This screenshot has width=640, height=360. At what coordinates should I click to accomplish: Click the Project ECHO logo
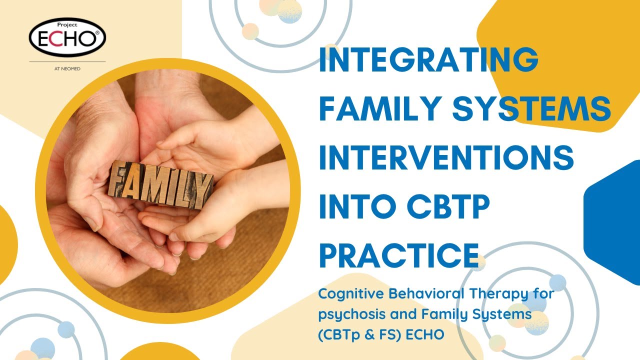coord(67,38)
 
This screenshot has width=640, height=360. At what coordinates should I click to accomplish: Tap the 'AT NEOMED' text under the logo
coord(67,68)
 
